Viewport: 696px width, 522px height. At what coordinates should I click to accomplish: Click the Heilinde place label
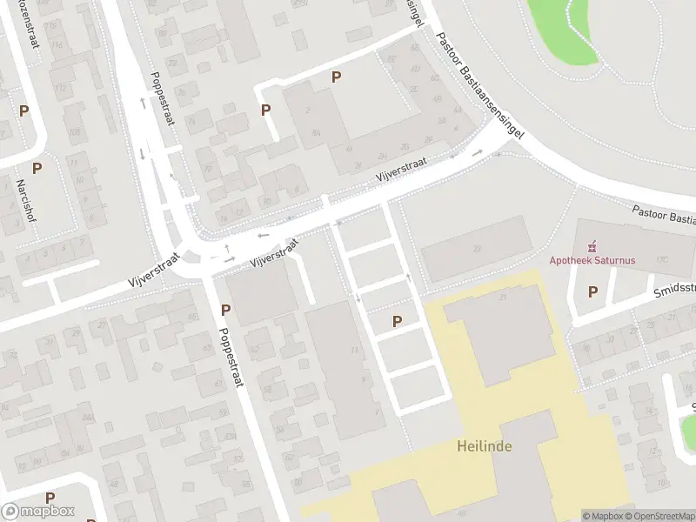[485, 446]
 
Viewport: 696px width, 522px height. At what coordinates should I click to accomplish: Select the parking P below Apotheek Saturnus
[593, 292]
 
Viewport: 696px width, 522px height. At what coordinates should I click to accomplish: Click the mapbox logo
[37, 512]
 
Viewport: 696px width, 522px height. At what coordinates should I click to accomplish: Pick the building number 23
[477, 249]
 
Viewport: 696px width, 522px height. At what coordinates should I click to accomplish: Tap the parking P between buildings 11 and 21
[398, 322]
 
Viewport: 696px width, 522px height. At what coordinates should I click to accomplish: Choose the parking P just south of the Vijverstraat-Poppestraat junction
[225, 310]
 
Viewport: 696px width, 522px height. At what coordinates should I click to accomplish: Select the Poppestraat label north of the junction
[162, 98]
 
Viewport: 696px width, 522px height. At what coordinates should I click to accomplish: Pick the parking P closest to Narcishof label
[37, 168]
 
